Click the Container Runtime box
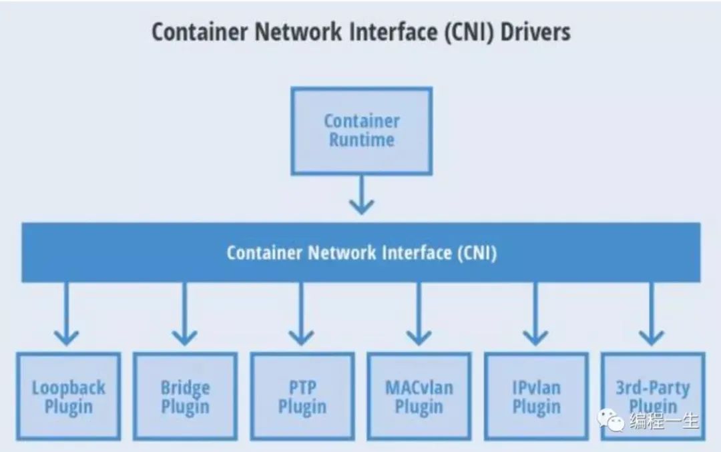click(x=361, y=131)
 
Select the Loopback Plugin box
click(x=68, y=397)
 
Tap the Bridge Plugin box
click(x=185, y=397)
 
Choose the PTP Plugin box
click(x=302, y=397)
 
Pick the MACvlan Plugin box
click(x=419, y=397)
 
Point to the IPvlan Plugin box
click(x=535, y=397)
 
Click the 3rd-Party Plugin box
click(x=652, y=397)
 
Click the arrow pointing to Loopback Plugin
click(x=66, y=314)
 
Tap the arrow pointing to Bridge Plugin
click(x=184, y=314)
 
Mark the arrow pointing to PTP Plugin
click(x=301, y=314)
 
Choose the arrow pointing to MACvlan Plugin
click(x=419, y=314)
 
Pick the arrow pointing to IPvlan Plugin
click(x=535, y=314)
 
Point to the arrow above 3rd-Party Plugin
click(x=652, y=314)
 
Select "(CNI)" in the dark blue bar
click(x=476, y=253)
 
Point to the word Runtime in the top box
click(x=361, y=140)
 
